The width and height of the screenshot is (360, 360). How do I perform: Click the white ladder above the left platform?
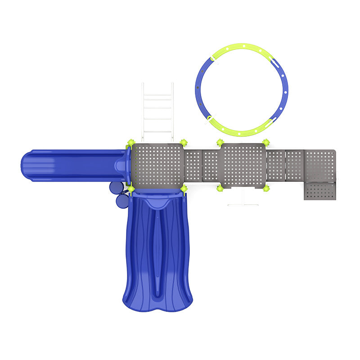click(x=157, y=112)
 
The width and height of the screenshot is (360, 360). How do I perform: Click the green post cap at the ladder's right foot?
click(x=184, y=143)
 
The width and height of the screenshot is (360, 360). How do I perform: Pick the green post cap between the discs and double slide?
click(x=130, y=189)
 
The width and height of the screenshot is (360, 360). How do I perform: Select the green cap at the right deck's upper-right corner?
click(x=266, y=143)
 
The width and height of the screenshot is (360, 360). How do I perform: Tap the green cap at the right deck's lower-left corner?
click(x=220, y=188)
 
